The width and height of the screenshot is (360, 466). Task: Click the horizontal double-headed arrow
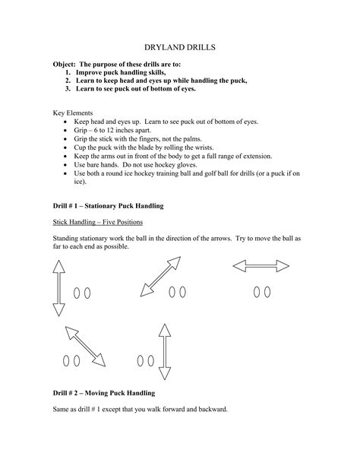tap(261, 266)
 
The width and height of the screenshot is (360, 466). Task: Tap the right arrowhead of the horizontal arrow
tap(285, 266)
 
